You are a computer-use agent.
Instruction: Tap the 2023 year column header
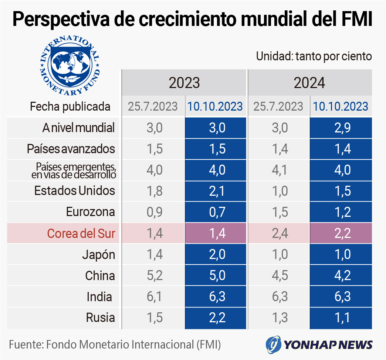tap(184, 83)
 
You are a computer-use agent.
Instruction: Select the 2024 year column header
tap(309, 83)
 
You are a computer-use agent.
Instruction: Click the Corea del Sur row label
tap(81, 233)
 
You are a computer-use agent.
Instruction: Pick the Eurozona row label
tap(91, 212)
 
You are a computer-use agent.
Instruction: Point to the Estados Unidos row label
tap(75, 191)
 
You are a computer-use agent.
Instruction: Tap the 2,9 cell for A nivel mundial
tap(341, 128)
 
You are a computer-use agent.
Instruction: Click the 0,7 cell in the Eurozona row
tap(215, 212)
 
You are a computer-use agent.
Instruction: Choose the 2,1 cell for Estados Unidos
tap(215, 191)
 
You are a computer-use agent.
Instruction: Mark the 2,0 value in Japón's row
tap(215, 255)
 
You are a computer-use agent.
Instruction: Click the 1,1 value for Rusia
tap(341, 317)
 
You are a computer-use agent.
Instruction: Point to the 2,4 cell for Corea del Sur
tap(278, 233)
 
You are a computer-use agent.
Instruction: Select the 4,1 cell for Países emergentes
tap(278, 170)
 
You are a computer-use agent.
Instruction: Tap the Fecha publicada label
tap(70, 107)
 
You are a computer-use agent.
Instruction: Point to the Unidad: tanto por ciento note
tap(314, 56)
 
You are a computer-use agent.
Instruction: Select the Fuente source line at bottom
tap(115, 345)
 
